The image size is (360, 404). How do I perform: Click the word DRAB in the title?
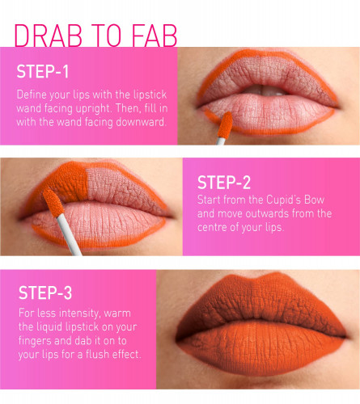click(48, 36)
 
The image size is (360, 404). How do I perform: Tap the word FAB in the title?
click(155, 36)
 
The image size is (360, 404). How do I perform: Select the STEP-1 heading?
click(43, 72)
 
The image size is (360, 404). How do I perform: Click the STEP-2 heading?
click(224, 183)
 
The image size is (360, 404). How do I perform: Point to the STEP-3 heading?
click(45, 292)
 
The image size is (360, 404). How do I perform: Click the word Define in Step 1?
click(29, 95)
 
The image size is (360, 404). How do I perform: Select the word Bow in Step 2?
click(314, 200)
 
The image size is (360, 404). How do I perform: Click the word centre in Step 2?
click(212, 228)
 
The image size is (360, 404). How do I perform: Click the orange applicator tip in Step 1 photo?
click(225, 125)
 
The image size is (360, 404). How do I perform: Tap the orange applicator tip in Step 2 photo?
click(53, 202)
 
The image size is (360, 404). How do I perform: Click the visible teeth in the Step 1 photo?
click(265, 90)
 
